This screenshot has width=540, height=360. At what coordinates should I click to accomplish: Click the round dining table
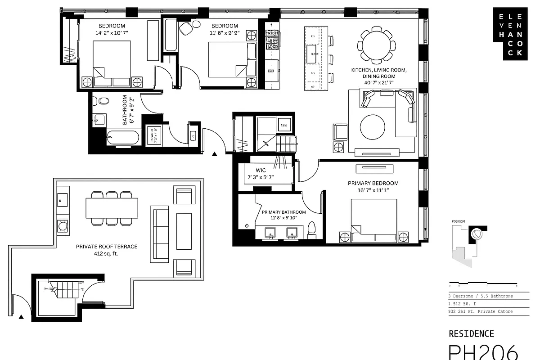tap(377, 45)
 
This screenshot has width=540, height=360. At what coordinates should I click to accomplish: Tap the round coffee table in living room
tap(372, 127)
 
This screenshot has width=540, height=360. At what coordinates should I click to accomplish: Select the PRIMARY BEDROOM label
tap(373, 183)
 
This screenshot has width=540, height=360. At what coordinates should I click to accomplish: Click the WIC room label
tap(261, 171)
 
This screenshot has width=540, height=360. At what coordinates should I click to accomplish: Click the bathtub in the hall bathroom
tap(122, 138)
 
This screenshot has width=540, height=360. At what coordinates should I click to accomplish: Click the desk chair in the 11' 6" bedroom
tap(186, 29)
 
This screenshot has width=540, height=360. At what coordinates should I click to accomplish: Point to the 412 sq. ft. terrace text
tap(107, 253)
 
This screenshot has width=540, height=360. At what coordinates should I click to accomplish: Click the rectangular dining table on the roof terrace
tap(112, 208)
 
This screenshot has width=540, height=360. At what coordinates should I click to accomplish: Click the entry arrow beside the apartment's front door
tap(215, 154)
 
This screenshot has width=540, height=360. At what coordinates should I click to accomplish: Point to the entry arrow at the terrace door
tap(21, 317)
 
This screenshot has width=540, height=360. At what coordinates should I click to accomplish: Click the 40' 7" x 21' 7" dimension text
tap(379, 83)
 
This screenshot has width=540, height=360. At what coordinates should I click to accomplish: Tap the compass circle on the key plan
tap(476, 234)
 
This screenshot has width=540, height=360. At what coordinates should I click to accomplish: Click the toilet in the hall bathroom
tap(103, 101)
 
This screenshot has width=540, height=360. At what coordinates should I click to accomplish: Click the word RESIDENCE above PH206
tap(471, 333)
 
